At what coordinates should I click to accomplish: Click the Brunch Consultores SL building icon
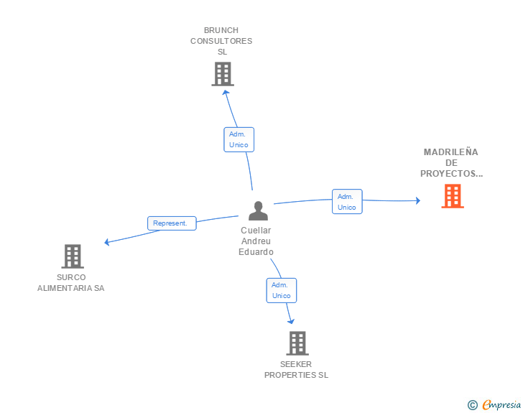click(223, 74)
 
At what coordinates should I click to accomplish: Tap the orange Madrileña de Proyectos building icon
click(452, 196)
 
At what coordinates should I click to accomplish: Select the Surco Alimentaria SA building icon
click(72, 256)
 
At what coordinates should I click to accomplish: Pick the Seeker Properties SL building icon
click(297, 343)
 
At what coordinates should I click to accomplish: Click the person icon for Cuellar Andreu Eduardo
click(257, 210)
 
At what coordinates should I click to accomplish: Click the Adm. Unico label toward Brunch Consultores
click(239, 139)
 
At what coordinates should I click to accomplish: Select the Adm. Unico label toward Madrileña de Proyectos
click(347, 202)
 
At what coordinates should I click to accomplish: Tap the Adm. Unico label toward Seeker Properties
click(282, 290)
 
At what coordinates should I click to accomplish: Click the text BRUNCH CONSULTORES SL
click(221, 41)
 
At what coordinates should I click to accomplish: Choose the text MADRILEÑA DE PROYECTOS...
click(451, 163)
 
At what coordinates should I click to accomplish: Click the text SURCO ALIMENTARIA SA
click(71, 282)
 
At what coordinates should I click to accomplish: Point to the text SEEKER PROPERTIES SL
click(296, 369)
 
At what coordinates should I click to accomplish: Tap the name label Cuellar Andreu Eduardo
click(256, 241)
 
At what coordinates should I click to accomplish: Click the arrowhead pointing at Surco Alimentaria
click(107, 243)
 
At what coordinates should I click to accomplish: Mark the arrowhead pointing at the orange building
click(417, 200)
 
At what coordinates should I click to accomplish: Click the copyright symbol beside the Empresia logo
click(472, 405)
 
